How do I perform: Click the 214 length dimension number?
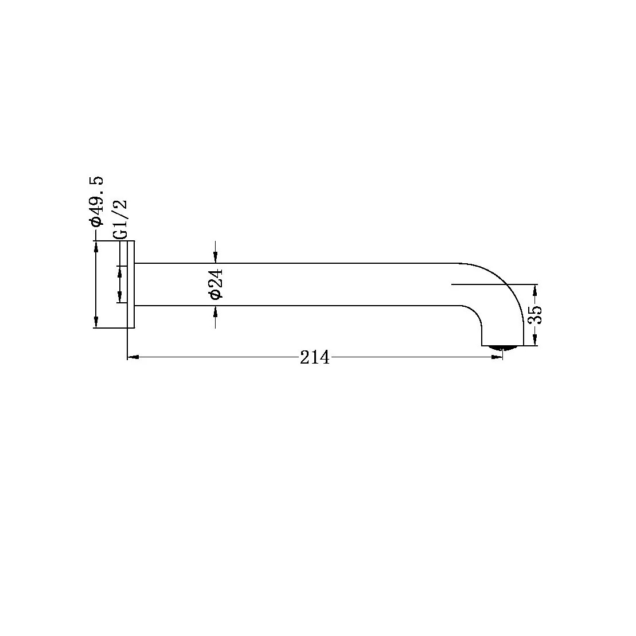click(x=315, y=358)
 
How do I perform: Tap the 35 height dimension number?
click(x=536, y=315)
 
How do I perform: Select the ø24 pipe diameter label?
click(x=216, y=284)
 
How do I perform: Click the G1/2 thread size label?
click(x=120, y=220)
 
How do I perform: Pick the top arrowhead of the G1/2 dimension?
click(x=120, y=271)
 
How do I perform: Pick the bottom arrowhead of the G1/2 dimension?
click(x=120, y=296)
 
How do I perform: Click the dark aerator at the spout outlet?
click(x=502, y=347)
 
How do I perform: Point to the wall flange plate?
click(x=131, y=284)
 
